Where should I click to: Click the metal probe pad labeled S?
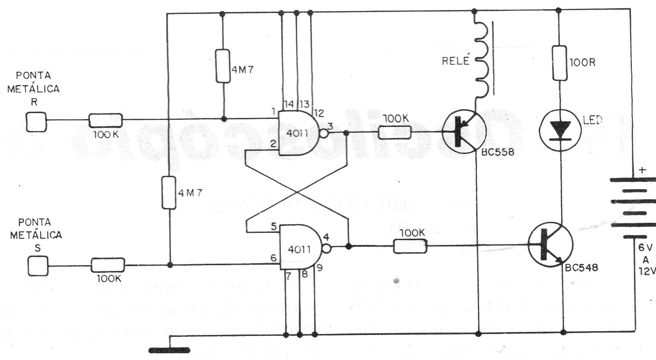[x=38, y=266]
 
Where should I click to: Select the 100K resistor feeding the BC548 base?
[x=410, y=247]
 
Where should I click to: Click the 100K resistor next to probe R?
[x=105, y=120]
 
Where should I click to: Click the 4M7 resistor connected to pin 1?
[x=222, y=66]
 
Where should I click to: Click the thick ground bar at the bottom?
[x=169, y=349]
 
